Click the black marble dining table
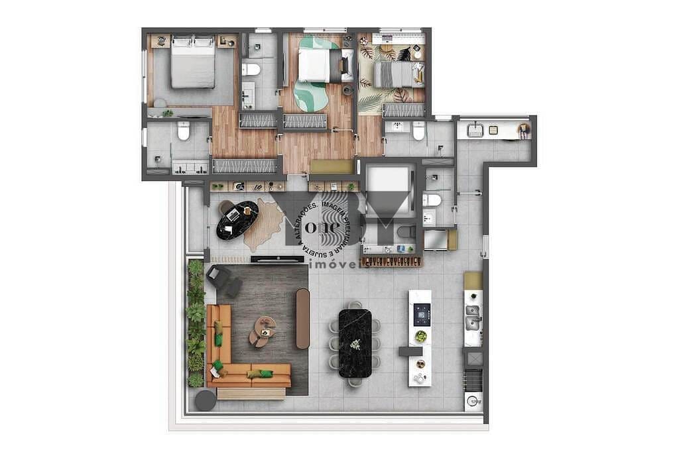click(355, 343)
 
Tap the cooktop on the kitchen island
click(422, 314)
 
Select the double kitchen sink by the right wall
click(473, 317)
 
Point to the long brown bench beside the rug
click(302, 319)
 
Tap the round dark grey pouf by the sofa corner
click(206, 400)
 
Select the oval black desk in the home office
click(237, 219)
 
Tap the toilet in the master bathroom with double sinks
click(184, 131)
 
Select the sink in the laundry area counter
click(475, 131)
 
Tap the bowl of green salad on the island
click(420, 336)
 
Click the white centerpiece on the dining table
click(355, 344)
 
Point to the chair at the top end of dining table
click(355, 305)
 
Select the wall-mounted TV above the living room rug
click(277, 258)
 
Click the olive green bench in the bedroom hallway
click(332, 166)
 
